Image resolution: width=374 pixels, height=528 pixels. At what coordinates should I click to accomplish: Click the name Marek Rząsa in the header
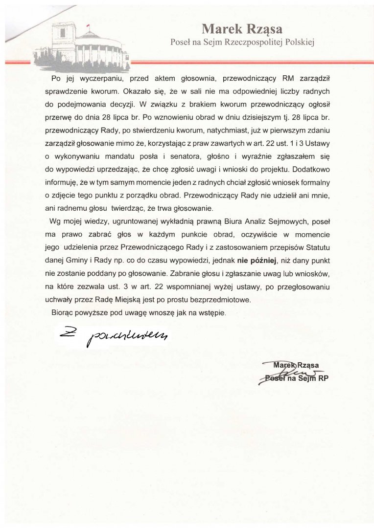point(242,28)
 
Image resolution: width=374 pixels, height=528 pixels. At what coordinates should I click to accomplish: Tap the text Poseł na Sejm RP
point(296,378)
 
